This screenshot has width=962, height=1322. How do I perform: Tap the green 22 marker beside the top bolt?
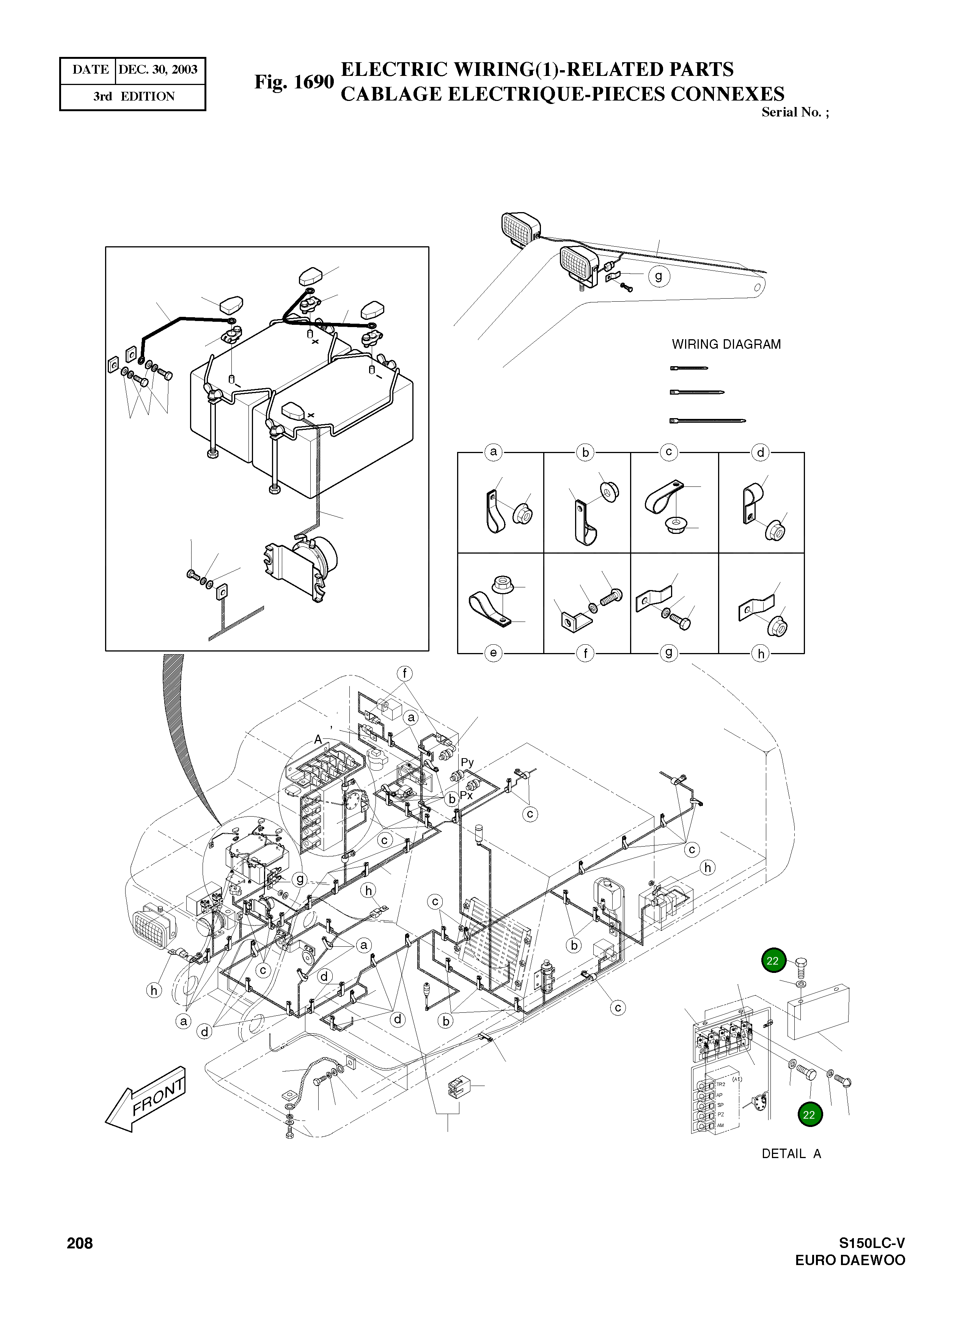click(x=773, y=961)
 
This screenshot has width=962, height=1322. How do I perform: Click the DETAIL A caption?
click(x=791, y=1154)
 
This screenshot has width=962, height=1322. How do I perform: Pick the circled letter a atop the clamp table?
click(x=494, y=452)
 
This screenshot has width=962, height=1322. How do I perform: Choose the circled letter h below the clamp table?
click(x=761, y=653)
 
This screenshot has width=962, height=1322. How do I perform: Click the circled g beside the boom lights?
click(x=659, y=276)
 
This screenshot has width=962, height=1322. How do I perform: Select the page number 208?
click(x=80, y=1243)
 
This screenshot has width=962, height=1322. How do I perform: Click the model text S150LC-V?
click(x=872, y=1243)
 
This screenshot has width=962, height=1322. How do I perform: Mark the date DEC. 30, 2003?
click(x=158, y=70)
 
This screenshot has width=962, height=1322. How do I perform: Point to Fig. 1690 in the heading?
click(x=294, y=82)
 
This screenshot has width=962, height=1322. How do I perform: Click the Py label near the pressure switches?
click(x=467, y=762)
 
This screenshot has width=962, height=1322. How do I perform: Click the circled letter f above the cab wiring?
click(x=404, y=674)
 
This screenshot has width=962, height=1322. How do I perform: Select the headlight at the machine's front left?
click(x=154, y=929)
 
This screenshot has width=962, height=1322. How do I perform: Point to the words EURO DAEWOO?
click(x=850, y=1260)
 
